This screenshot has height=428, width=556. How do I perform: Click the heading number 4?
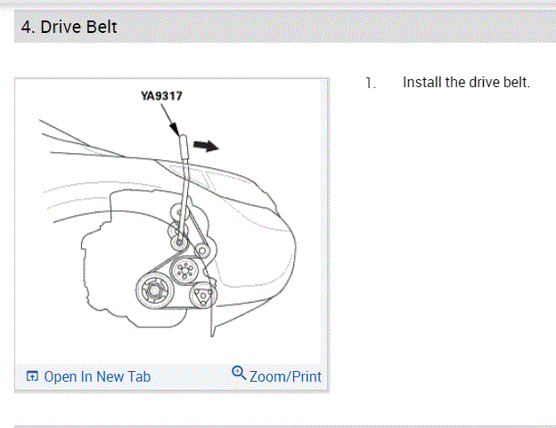(26, 28)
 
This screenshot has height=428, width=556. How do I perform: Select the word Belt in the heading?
(101, 28)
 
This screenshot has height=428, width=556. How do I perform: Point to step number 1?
(370, 84)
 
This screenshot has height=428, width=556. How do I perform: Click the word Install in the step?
(421, 83)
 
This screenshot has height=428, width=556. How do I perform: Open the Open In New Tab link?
(97, 376)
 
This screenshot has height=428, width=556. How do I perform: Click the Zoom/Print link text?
(285, 376)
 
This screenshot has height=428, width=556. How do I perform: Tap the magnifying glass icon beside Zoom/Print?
(239, 373)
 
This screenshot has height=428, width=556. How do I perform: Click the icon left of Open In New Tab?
(32, 376)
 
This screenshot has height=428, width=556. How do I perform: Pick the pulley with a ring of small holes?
(184, 271)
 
